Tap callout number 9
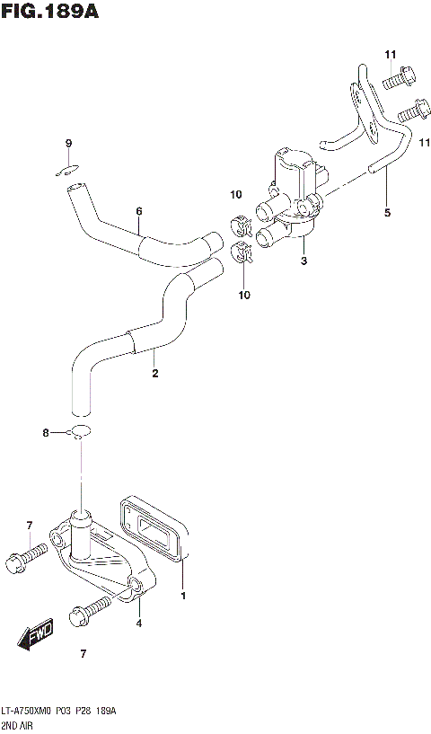pyautogui.click(x=67, y=144)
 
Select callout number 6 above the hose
pyautogui.click(x=139, y=212)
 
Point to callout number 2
pyautogui.click(x=154, y=373)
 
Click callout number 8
pyautogui.click(x=46, y=434)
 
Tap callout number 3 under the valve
pyautogui.click(x=304, y=261)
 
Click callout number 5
pyautogui.click(x=387, y=213)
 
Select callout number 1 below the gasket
pyautogui.click(x=183, y=596)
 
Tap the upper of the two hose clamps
pyautogui.click(x=241, y=221)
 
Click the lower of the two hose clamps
pyautogui.click(x=242, y=253)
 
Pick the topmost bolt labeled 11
pyautogui.click(x=396, y=79)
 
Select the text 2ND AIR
pyautogui.click(x=19, y=724)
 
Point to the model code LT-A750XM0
pyautogui.click(x=29, y=711)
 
